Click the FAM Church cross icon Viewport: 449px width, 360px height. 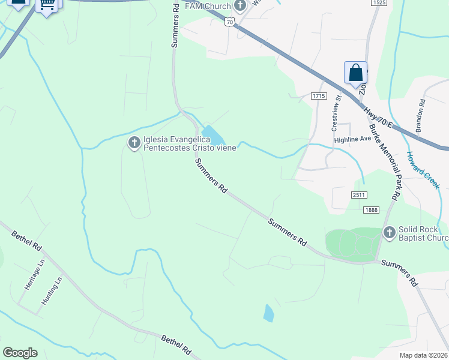pyautogui.click(x=241, y=7)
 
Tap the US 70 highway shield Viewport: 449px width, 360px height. pyautogui.click(x=229, y=22)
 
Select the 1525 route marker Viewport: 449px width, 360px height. pyautogui.click(x=378, y=3)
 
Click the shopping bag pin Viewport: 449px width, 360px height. pyautogui.click(x=355, y=73)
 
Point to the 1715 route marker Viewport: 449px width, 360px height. pyautogui.click(x=318, y=96)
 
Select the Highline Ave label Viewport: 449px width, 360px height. pyautogui.click(x=353, y=139)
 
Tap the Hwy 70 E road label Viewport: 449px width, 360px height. pyautogui.click(x=378, y=118)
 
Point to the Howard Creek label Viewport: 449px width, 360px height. pyautogui.click(x=423, y=170)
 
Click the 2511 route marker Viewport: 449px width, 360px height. pyautogui.click(x=359, y=195)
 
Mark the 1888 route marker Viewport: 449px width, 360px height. pyautogui.click(x=371, y=209)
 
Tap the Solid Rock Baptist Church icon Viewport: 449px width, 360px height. pyautogui.click(x=389, y=232)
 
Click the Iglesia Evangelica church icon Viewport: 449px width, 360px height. pyautogui.click(x=134, y=143)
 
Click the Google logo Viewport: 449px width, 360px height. pyautogui.click(x=20, y=353)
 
